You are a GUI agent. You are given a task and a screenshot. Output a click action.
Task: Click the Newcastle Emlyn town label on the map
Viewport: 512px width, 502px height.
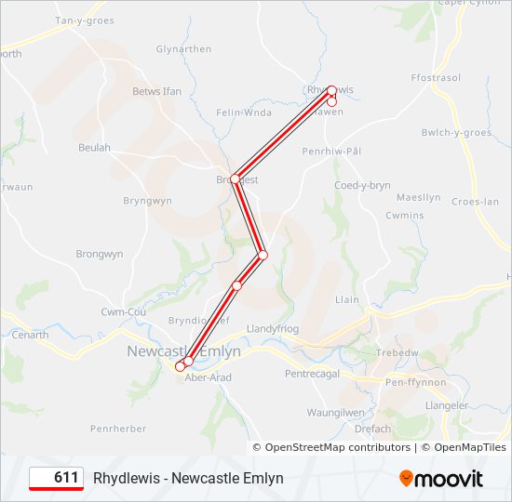click(183, 351)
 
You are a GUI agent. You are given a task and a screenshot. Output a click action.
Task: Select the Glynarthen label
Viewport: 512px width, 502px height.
click(183, 49)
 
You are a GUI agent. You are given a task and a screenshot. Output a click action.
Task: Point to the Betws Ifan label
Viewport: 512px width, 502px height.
click(157, 91)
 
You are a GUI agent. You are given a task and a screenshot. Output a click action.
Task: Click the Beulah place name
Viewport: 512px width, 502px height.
click(94, 148)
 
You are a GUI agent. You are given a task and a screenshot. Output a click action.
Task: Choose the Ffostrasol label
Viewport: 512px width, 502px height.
click(436, 78)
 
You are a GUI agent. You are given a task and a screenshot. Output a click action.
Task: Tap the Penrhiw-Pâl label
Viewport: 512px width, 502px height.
click(331, 151)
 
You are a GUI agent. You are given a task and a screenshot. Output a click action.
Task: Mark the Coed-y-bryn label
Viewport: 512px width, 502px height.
click(362, 185)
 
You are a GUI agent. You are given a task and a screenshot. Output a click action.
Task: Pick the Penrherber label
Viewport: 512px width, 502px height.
click(118, 429)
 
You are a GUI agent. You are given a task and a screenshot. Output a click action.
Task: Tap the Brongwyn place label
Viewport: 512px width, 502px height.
click(100, 254)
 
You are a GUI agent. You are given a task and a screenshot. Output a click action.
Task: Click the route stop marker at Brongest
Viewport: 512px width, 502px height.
click(236, 178)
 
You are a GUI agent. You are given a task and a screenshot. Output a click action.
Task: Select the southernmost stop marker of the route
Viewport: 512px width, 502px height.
click(181, 367)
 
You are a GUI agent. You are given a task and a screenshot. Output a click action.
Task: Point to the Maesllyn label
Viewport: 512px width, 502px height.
click(418, 197)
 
